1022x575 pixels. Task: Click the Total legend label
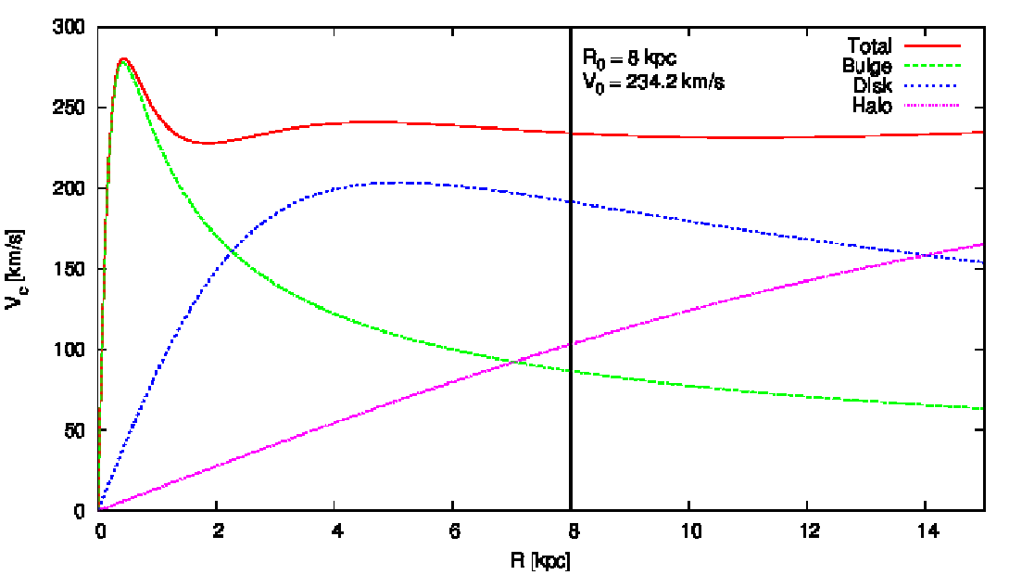[869, 45]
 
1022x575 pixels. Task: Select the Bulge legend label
[867, 66]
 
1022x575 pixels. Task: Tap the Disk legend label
[872, 85]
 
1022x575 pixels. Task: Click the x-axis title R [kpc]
[542, 560]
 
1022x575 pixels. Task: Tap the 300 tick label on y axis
[71, 28]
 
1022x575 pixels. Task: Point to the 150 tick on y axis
[71, 270]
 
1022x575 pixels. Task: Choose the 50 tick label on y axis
[75, 430]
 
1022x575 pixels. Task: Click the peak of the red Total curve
[122, 59]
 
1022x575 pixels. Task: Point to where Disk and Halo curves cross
[926, 255]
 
